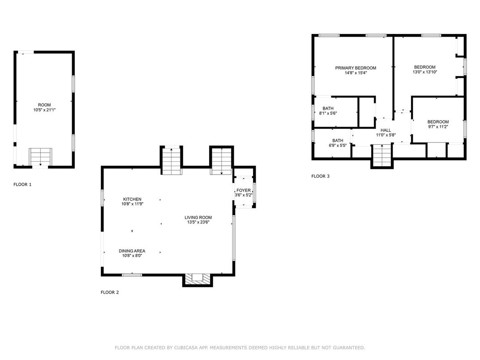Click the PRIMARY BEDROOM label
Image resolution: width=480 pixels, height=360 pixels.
point(356,68)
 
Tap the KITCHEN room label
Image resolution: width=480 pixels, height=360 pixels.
point(132,199)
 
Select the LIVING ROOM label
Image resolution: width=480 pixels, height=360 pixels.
point(198,218)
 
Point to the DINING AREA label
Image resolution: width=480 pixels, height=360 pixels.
point(132,251)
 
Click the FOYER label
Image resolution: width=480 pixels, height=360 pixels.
point(244,190)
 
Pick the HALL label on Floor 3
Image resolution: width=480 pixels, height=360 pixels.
point(386,130)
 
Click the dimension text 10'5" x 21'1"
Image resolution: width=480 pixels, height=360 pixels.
point(44,110)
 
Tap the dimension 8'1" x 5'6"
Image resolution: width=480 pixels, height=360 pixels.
point(328,113)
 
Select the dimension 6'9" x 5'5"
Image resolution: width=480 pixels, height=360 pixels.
point(338,146)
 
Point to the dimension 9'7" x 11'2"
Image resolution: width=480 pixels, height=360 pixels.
point(438,126)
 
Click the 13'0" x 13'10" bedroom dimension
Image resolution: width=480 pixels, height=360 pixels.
point(424,72)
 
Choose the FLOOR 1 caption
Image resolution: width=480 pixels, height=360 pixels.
point(22,184)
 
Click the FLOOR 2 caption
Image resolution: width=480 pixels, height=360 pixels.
point(110,292)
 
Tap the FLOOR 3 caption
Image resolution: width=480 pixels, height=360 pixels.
point(320,176)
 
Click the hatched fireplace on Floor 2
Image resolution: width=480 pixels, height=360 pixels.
point(197,279)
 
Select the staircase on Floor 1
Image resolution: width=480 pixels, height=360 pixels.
point(40,157)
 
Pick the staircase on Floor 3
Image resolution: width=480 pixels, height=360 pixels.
point(382,155)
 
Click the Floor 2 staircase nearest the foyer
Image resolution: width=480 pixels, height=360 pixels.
point(221,161)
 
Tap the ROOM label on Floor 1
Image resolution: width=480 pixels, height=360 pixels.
point(44,105)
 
